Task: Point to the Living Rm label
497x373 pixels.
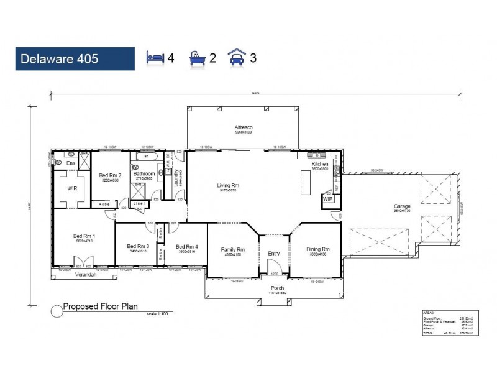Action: click(228, 185)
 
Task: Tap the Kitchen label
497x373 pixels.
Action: click(320, 164)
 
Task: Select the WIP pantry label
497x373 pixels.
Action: click(327, 199)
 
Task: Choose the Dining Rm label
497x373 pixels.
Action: click(317, 249)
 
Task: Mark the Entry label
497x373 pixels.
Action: click(274, 253)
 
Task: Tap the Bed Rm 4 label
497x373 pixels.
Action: click(186, 246)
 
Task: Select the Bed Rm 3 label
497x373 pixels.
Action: click(137, 246)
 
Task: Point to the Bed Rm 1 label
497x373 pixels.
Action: click(84, 236)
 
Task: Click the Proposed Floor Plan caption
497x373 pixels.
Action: click(100, 306)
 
